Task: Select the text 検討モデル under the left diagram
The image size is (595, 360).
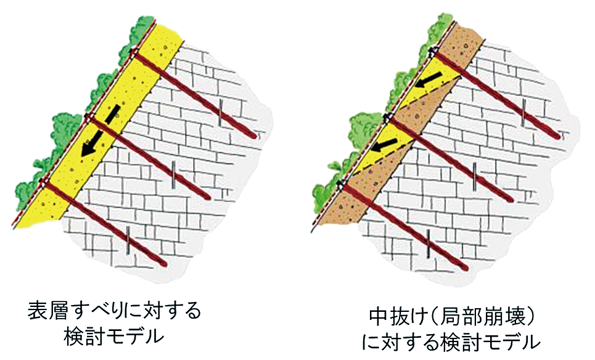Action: pos(115,337)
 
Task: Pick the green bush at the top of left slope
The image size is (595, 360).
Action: pos(142,31)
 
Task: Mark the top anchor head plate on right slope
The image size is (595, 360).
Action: pos(433,49)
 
